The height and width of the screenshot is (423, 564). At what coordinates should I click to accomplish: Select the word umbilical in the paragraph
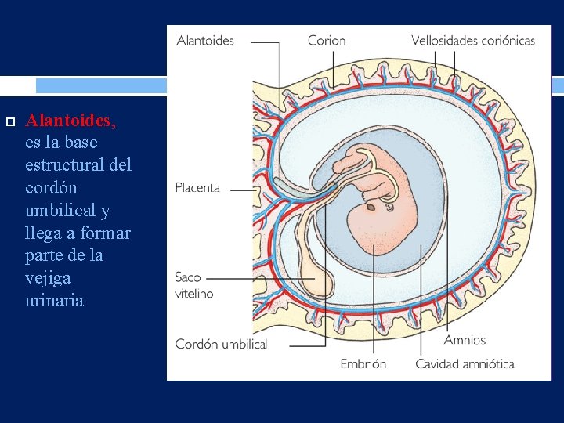pos(60,211)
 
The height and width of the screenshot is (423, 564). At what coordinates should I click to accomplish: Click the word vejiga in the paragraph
pos(48,278)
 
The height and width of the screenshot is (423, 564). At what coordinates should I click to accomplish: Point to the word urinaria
pos(54,301)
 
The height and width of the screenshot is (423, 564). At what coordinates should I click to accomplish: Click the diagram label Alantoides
pos(205,41)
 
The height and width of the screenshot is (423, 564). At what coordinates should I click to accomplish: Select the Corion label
pos(327,41)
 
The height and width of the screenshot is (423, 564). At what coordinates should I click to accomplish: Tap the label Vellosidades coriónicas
pos(473,41)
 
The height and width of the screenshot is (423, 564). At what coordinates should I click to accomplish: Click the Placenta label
pos(197,187)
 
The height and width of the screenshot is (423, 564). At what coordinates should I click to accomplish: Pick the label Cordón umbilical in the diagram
pos(221,344)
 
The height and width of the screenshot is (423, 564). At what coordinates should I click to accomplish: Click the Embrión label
pos(363,364)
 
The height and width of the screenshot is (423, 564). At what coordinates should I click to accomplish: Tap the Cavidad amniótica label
pos(465,364)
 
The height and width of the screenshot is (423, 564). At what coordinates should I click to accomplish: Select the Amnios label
pos(465,340)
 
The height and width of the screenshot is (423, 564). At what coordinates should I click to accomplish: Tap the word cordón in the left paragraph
pos(52,188)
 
